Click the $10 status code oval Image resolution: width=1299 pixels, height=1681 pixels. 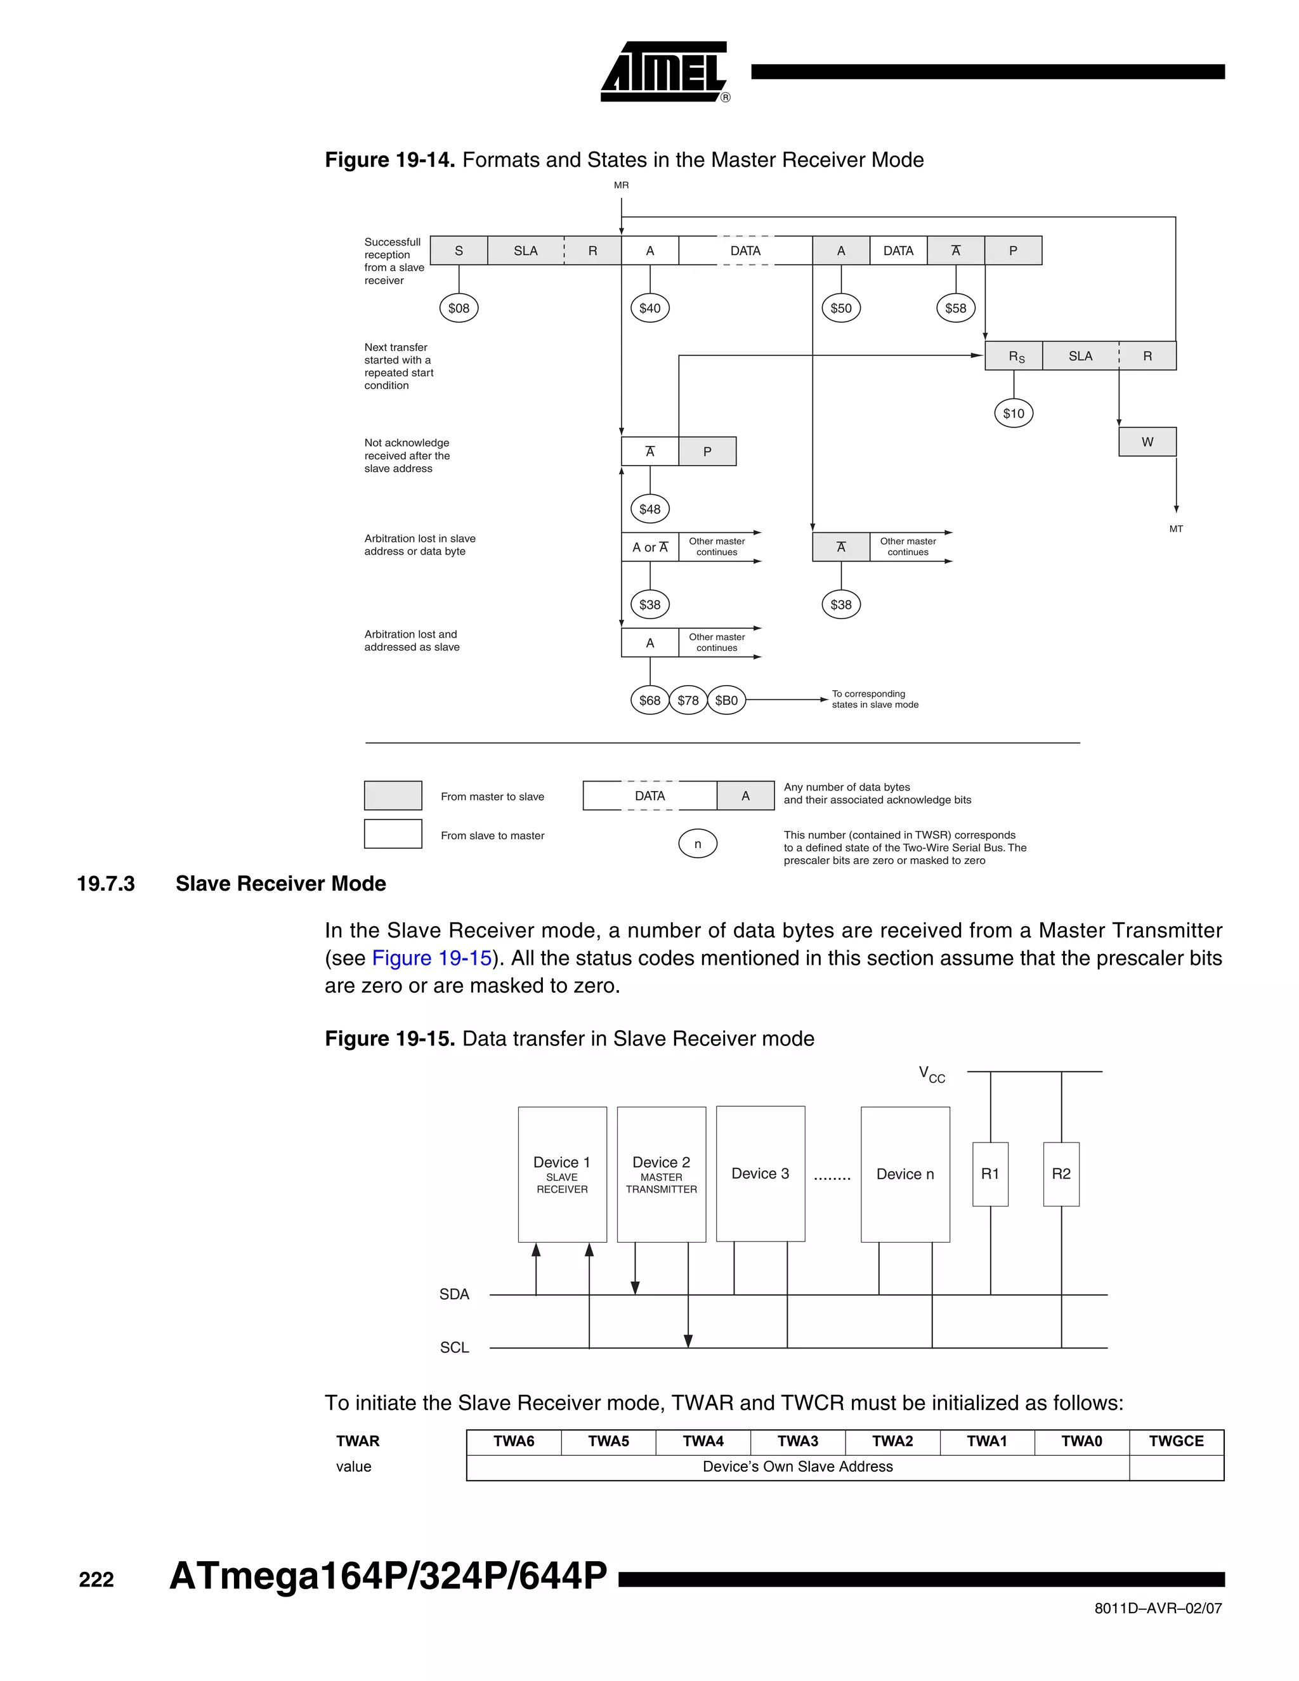[x=1014, y=414]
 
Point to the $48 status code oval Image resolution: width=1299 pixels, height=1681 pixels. [x=649, y=509]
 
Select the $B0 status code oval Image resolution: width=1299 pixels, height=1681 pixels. [x=726, y=700]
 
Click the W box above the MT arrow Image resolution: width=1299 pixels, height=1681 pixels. [x=1147, y=442]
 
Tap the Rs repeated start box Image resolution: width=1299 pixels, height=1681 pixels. [x=1014, y=356]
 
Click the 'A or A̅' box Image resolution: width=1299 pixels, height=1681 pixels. [x=649, y=547]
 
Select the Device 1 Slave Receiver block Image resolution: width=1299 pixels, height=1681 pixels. [x=562, y=1174]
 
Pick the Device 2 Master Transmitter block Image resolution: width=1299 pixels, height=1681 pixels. [x=661, y=1174]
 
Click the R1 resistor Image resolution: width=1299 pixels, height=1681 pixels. [x=989, y=1174]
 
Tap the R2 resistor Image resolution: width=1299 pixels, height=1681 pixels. [x=1061, y=1174]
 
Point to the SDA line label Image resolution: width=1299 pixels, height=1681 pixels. [x=454, y=1295]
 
